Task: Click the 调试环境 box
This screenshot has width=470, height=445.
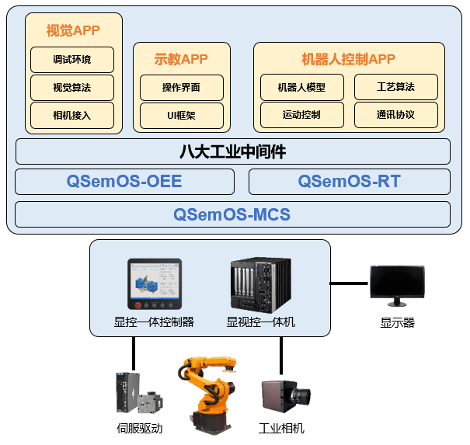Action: tap(72, 60)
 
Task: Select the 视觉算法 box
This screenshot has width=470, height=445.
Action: tap(72, 88)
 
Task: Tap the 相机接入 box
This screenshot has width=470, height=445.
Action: tap(72, 115)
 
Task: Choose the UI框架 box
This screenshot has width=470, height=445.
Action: tap(182, 115)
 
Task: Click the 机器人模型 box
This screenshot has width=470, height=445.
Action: tap(301, 87)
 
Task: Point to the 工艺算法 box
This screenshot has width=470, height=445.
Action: tap(396, 87)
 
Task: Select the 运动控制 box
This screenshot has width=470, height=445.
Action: tap(301, 115)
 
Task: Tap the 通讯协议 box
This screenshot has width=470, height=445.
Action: tap(396, 115)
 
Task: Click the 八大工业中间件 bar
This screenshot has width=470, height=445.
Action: tap(233, 151)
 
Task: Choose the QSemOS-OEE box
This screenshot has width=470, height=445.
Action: tap(124, 182)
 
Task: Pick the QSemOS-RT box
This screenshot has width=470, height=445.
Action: tap(349, 182)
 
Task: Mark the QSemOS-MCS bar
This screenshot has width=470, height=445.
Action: tap(233, 214)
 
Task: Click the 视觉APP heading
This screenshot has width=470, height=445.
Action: tap(73, 31)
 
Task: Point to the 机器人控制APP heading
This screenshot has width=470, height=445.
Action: tap(349, 60)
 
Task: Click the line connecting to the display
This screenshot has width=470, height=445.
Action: tap(349, 283)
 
